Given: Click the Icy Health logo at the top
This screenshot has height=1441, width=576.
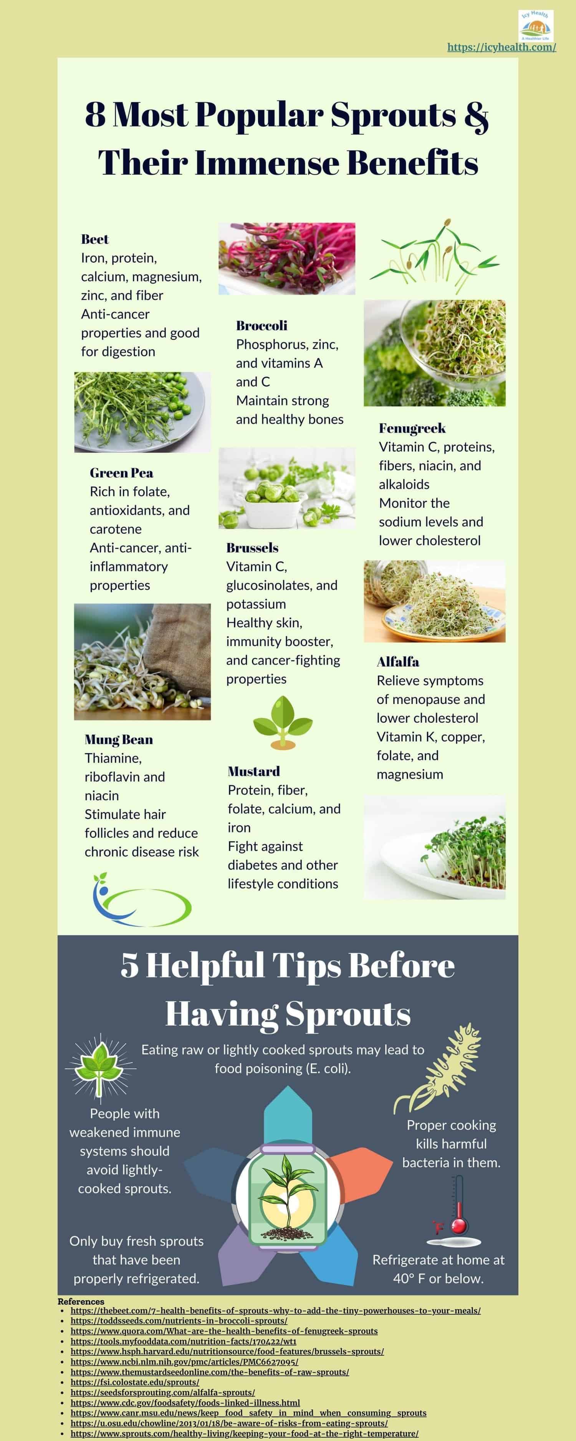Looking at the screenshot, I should (535, 25).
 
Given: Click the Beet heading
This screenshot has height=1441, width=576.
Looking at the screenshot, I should (94, 239).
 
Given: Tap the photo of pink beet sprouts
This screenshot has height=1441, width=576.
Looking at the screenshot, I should (286, 259).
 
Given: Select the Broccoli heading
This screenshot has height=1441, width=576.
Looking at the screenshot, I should (261, 325).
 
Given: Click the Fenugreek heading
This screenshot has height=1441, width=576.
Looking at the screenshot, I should (412, 428).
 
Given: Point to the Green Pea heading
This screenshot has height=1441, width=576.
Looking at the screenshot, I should (121, 473).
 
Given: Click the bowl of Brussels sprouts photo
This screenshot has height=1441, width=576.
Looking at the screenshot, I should (286, 488).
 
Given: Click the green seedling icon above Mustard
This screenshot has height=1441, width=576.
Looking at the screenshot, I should (282, 722).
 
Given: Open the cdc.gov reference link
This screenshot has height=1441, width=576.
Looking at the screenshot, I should (185, 1403).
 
